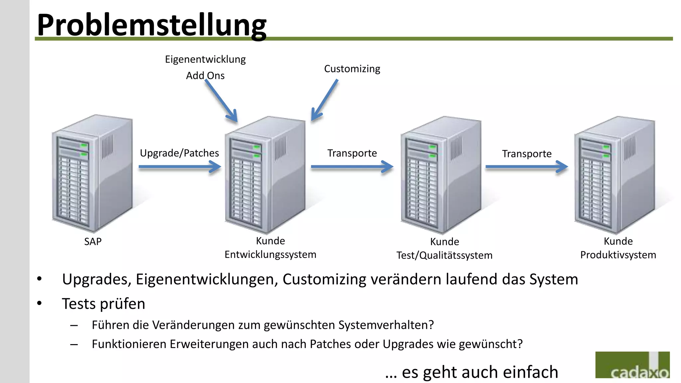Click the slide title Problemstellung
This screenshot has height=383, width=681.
point(152,25)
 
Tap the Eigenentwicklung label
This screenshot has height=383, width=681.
point(205,60)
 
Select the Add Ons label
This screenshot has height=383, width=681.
point(205,76)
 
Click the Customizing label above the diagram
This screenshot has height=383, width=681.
point(352,69)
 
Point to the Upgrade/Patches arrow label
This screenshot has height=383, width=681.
point(179,153)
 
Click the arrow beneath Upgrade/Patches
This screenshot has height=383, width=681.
point(180,167)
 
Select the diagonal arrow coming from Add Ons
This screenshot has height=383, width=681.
point(221,101)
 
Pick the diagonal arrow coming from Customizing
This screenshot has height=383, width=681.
point(325,100)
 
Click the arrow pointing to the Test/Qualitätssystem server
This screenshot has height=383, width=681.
point(352,167)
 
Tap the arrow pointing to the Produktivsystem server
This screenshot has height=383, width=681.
point(526,167)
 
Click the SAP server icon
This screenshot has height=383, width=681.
point(92,173)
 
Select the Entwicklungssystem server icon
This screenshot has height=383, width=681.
point(265,174)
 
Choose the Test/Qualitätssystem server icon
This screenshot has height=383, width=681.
point(441,174)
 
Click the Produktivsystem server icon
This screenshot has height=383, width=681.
point(615,174)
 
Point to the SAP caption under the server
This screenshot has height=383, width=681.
point(93,242)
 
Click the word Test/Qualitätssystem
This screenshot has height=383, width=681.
point(444,255)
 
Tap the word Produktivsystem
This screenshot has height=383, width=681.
point(618,255)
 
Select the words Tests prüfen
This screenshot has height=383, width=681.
point(103,304)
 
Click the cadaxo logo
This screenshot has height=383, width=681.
point(632,365)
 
